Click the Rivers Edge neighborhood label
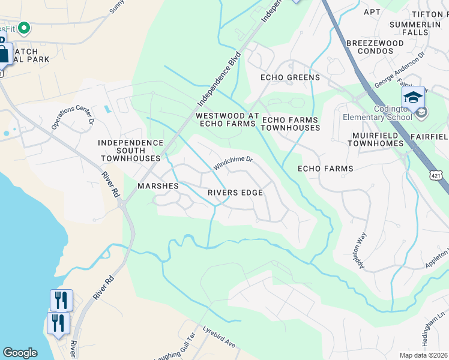(x=235, y=193)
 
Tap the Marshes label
(x=158, y=186)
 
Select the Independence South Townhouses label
(x=131, y=150)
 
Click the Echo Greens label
(x=290, y=77)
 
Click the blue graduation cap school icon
(x=413, y=97)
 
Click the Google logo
(x=20, y=353)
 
